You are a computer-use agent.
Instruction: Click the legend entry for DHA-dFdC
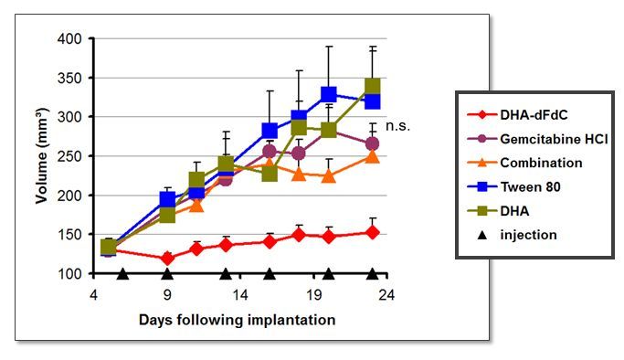(x=517, y=115)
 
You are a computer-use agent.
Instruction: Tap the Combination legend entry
(x=524, y=163)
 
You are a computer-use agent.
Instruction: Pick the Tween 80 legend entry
(x=513, y=186)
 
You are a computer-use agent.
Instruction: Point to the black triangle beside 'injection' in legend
(x=482, y=235)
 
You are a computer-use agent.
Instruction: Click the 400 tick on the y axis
(x=69, y=39)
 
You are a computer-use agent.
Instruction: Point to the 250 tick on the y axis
(x=69, y=156)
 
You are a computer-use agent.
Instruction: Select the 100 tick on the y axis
(x=69, y=274)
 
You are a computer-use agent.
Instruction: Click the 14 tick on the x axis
(x=240, y=295)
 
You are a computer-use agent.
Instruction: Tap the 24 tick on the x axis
(x=386, y=295)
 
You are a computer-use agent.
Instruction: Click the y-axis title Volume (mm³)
(x=42, y=155)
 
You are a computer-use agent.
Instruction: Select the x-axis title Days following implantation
(x=238, y=320)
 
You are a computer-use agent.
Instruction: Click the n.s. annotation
(x=397, y=126)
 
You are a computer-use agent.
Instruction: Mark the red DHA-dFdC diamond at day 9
(x=167, y=259)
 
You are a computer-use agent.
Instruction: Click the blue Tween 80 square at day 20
(x=328, y=94)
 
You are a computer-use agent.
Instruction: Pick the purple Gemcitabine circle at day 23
(x=372, y=143)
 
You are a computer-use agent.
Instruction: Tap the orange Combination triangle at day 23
(x=372, y=155)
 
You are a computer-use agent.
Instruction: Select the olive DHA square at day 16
(x=270, y=173)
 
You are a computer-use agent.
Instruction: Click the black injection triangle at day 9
(x=167, y=274)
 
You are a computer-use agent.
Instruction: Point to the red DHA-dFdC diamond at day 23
(x=372, y=232)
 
